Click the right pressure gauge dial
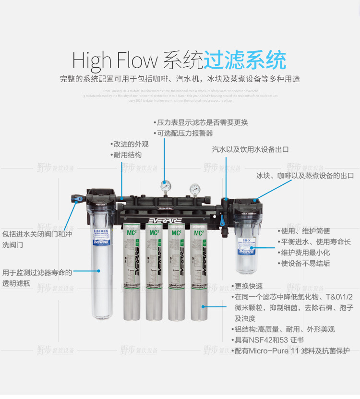(x=195, y=188)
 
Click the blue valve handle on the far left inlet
(x=74, y=197)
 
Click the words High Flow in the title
(x=115, y=61)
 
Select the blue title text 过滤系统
(x=245, y=60)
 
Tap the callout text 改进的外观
(x=130, y=144)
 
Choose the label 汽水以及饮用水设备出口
(x=251, y=149)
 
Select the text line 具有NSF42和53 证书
(x=268, y=340)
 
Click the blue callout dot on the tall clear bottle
(x=99, y=271)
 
